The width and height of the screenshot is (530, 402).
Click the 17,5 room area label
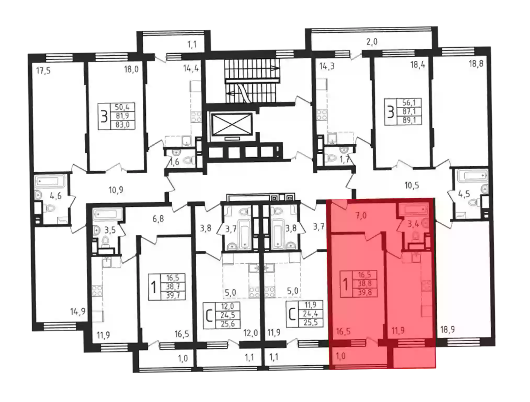43,71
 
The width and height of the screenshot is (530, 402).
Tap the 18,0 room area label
131,69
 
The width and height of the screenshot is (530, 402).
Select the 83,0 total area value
122,125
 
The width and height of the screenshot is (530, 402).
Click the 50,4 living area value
122,107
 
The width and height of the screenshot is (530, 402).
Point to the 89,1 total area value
409,120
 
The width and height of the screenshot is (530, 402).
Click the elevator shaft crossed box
232,125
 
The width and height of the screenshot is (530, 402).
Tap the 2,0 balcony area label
372,42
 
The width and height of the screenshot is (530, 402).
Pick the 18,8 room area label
476,64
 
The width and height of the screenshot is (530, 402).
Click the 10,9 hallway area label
116,190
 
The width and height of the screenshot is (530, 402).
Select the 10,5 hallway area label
412,186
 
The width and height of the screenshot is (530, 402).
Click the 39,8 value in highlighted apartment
364,292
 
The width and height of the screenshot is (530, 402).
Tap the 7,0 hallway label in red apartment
361,216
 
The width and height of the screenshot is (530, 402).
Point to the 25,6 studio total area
227,324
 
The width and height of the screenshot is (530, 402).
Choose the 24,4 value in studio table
310,314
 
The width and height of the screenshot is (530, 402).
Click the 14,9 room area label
78,312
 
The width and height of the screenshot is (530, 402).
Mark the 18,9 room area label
447,330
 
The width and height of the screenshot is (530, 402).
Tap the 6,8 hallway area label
158,219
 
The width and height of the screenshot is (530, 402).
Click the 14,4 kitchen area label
191,68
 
